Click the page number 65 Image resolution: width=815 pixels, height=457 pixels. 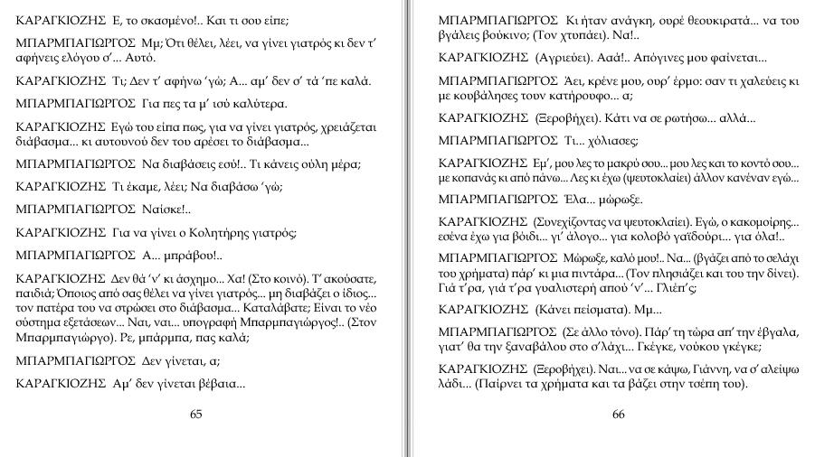196,415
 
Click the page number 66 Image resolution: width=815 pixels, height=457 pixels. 619,415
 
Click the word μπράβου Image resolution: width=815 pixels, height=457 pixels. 173,256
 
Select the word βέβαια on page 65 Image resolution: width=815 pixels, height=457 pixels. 220,385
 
